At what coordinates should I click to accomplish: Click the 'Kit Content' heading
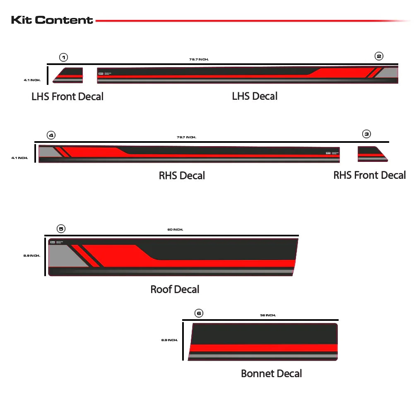click(52, 20)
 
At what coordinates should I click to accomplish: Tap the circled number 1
click(63, 57)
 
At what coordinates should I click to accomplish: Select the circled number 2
click(379, 56)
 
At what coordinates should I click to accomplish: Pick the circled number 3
click(366, 134)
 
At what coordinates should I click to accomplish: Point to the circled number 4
click(51, 135)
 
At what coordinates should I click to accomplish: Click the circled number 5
click(61, 229)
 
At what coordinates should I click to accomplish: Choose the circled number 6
click(199, 313)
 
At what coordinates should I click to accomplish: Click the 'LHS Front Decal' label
click(67, 97)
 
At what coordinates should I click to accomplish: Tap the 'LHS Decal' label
click(255, 96)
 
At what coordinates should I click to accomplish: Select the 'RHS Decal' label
click(182, 176)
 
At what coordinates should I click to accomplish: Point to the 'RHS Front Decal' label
click(369, 175)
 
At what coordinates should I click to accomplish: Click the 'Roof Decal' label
click(175, 289)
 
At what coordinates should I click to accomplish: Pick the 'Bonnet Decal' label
click(271, 373)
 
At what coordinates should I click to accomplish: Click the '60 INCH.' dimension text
click(175, 229)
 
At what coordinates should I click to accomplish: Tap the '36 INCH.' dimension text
click(268, 315)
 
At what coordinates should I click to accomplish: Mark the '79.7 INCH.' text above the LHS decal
click(199, 60)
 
